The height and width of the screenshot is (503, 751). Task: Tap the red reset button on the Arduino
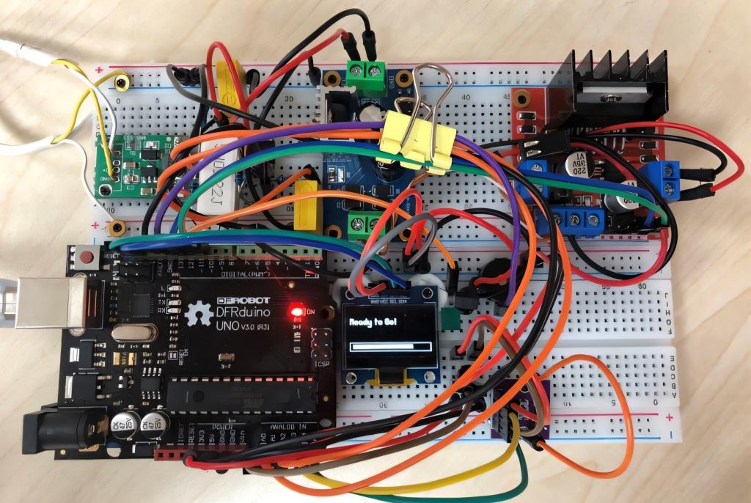click(x=87, y=257)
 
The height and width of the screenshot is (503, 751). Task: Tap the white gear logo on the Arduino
click(x=198, y=314)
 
